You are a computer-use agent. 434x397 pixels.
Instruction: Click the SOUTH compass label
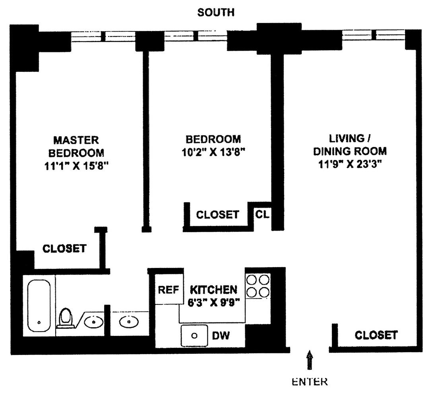[216, 12]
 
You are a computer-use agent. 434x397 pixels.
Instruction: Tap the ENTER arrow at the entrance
[310, 361]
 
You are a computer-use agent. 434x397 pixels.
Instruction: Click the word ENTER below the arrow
[310, 382]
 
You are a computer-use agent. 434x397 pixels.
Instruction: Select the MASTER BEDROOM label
[76, 146]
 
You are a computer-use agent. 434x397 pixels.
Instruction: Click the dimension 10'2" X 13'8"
[213, 152]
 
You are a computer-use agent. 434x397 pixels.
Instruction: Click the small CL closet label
[262, 215]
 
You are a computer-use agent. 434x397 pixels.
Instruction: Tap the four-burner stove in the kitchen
[258, 286]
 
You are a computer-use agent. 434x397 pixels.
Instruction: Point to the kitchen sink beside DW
[194, 336]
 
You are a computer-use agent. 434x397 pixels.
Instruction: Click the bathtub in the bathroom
[39, 304]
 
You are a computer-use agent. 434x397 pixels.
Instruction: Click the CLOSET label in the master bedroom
[64, 249]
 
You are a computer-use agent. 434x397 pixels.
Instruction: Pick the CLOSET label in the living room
[376, 335]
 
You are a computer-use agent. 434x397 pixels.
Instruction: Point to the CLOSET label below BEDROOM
[218, 215]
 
